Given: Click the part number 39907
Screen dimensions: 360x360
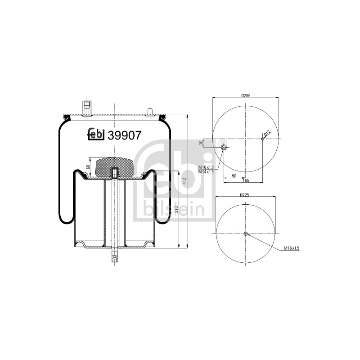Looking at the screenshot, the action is pyautogui.click(x=125, y=135).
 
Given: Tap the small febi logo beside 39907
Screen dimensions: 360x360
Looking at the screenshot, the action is pyautogui.click(x=96, y=134).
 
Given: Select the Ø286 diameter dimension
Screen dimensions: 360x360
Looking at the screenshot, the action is pyautogui.click(x=246, y=95).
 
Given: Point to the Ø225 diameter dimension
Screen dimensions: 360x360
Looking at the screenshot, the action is pyautogui.click(x=245, y=195).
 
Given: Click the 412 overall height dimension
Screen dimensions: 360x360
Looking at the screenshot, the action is pyautogui.click(x=184, y=181).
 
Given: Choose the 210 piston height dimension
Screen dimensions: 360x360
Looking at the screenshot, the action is pyautogui.click(x=176, y=209).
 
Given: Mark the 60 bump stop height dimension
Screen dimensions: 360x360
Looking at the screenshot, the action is pyautogui.click(x=88, y=167).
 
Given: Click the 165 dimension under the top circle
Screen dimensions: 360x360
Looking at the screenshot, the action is pyautogui.click(x=246, y=180).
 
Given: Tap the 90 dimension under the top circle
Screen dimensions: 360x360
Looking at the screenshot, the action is pyautogui.click(x=234, y=176).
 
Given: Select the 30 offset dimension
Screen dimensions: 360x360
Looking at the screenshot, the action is pyautogui.click(x=201, y=143).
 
